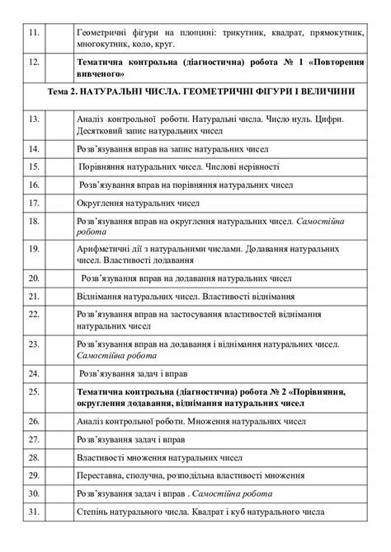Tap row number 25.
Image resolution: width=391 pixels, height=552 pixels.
(x=33, y=391)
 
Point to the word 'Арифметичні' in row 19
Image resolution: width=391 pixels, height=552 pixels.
(x=104, y=246)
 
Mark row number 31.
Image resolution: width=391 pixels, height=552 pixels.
(x=33, y=512)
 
